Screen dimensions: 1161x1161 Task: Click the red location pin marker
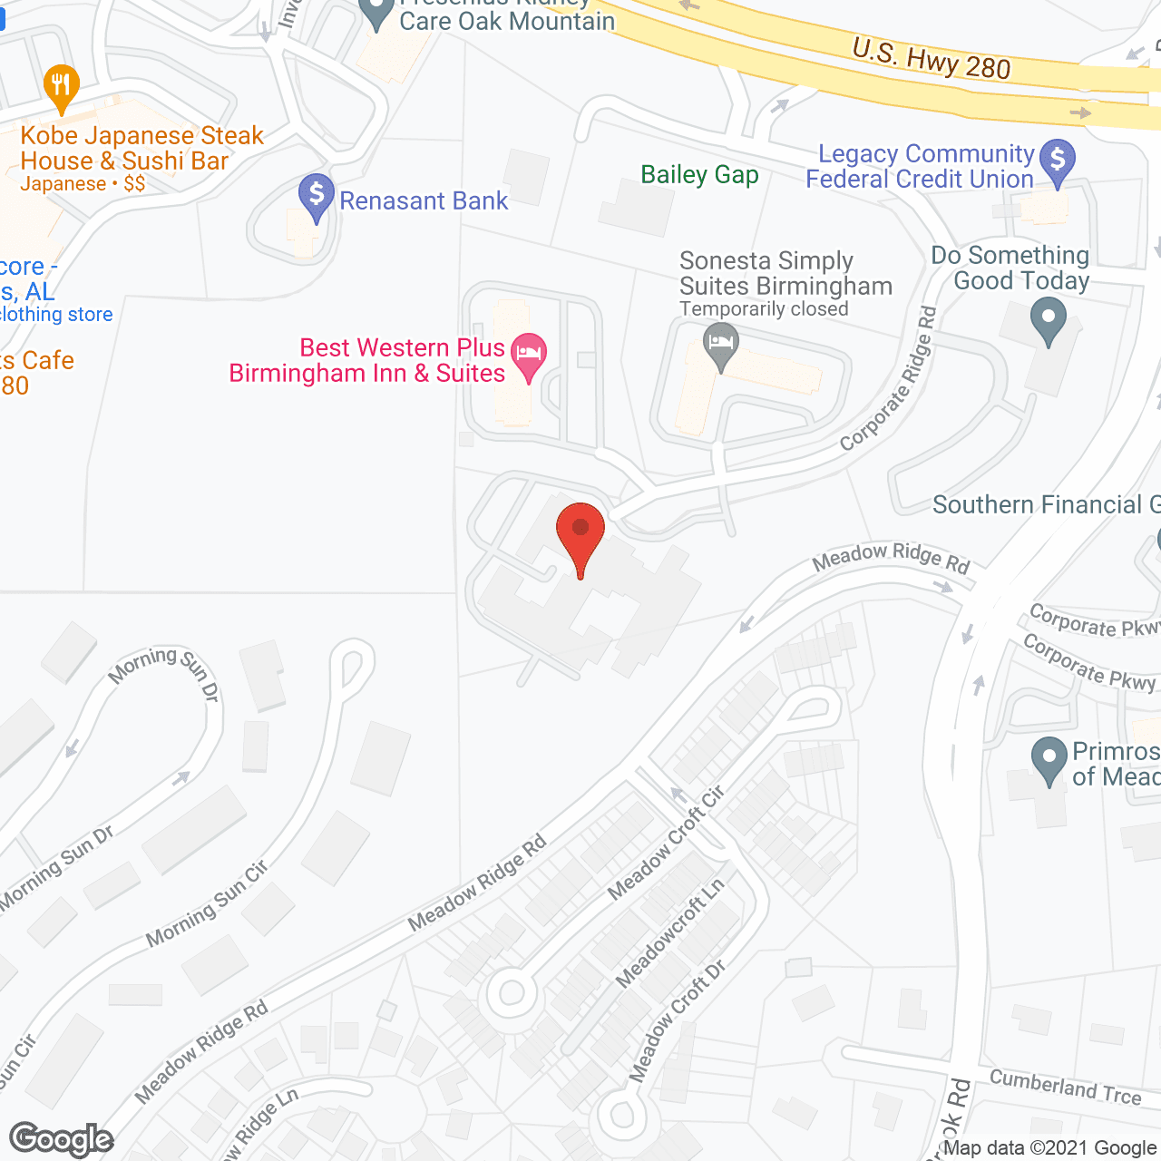pos(580,535)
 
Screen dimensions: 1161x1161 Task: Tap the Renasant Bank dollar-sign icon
pos(317,196)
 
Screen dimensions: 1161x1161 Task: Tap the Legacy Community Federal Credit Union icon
pos(1057,161)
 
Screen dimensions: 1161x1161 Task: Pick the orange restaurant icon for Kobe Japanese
pos(61,87)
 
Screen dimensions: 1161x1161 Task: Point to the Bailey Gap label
pos(699,174)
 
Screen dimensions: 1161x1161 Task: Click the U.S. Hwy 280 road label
pos(931,58)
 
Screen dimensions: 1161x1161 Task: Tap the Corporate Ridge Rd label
pos(889,380)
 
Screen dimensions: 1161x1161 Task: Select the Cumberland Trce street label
pos(1065,1086)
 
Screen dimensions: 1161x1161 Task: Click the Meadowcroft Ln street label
pos(670,932)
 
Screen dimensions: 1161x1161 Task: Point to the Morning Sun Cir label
pos(207,904)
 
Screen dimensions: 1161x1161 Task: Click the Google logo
pos(62,1139)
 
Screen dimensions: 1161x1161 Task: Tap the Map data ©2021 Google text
pos(1050,1148)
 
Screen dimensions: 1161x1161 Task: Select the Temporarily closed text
pos(764,309)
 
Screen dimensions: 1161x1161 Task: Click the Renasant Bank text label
pos(424,200)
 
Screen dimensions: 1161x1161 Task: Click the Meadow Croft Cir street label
pos(666,844)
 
